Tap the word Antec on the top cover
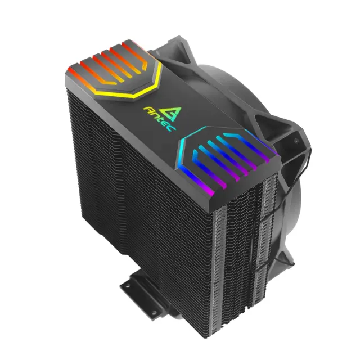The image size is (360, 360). click(159, 119)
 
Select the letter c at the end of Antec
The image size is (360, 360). click(172, 128)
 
